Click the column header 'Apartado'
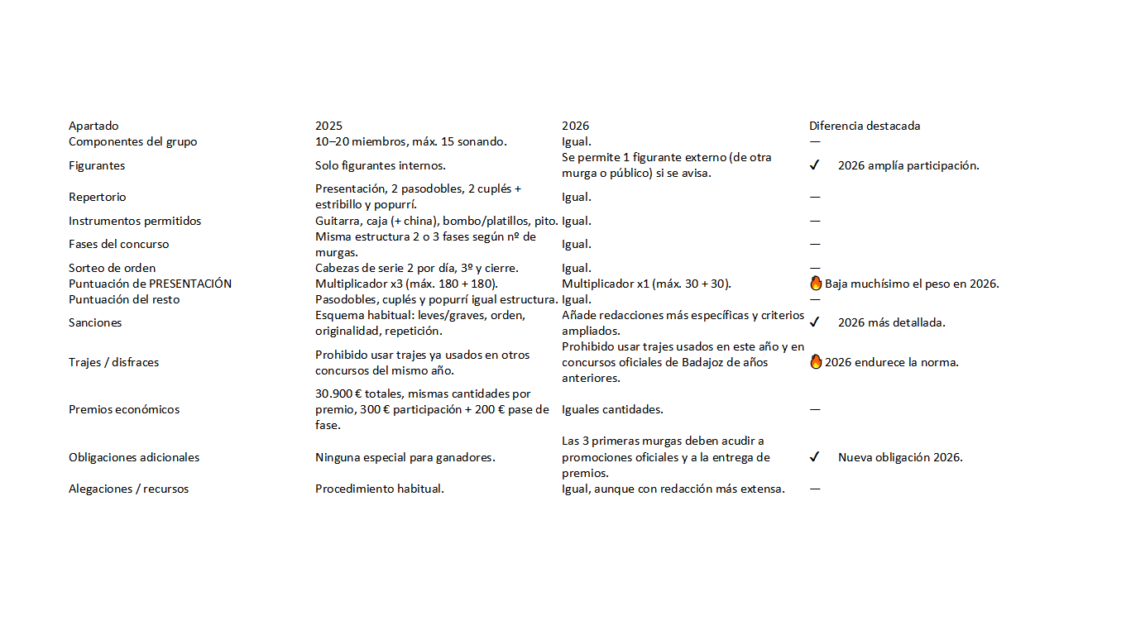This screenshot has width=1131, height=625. (93, 126)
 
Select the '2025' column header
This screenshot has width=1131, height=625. (328, 126)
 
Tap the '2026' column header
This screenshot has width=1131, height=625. (575, 126)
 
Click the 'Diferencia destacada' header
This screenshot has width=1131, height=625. (865, 126)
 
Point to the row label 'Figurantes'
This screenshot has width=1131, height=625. (97, 165)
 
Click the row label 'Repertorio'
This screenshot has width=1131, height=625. (98, 197)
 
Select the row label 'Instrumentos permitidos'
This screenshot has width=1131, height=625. (135, 221)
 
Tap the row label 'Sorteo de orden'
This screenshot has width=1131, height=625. (112, 268)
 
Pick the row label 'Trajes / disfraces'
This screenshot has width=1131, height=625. (113, 362)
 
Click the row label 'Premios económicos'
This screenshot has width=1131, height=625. (124, 409)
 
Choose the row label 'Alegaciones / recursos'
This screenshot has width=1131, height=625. (128, 489)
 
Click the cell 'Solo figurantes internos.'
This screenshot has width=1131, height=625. (381, 165)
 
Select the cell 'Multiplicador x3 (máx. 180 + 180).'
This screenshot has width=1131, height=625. (406, 284)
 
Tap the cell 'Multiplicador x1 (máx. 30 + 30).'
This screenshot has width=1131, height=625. (646, 284)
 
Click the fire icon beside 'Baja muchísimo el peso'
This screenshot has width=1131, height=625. (816, 284)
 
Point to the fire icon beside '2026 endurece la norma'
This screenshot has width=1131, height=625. (816, 361)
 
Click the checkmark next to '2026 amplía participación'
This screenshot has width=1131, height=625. (814, 165)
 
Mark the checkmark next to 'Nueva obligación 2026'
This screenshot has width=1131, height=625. (814, 457)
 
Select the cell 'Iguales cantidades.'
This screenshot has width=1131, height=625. (612, 409)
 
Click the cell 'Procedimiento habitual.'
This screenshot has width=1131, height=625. (380, 489)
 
